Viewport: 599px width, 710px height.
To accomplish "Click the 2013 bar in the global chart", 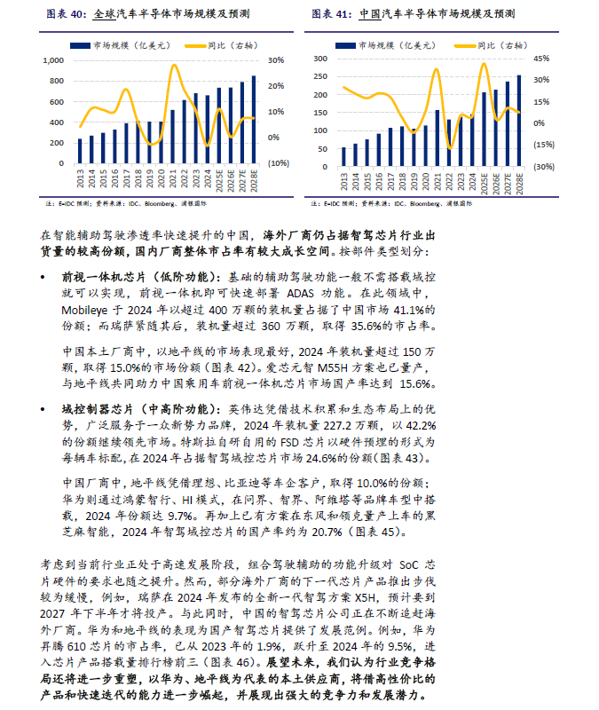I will point(80,151).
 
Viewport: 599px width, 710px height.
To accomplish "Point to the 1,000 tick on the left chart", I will point(55,60).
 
